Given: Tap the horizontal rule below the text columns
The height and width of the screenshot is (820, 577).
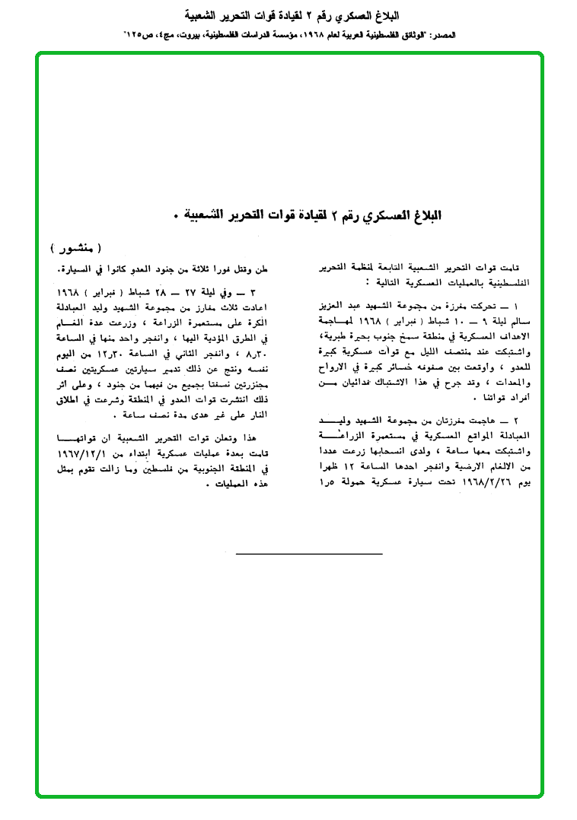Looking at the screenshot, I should pos(309,554).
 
